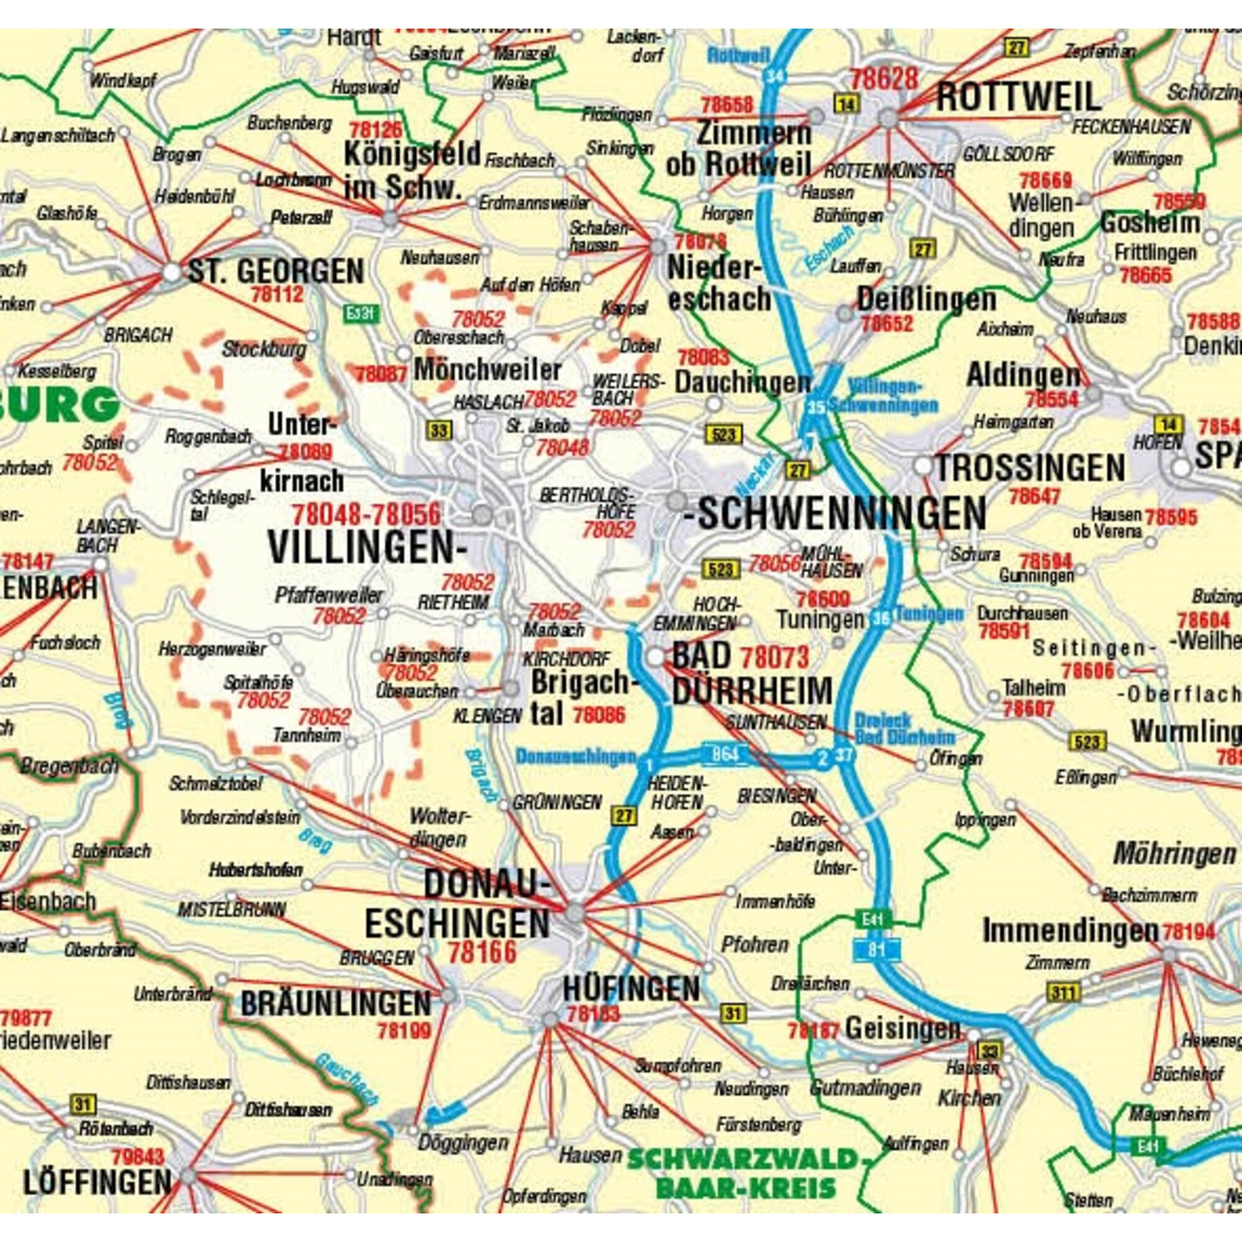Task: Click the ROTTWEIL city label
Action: [x=1018, y=97]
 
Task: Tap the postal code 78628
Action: [x=884, y=79]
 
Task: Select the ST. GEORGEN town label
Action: [x=276, y=271]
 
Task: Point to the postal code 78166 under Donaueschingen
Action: [x=482, y=952]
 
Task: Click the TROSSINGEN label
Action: [x=1030, y=468]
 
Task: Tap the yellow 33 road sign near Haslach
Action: [x=438, y=430]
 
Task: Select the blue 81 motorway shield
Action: [x=876, y=949]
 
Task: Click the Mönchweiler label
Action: [x=487, y=369]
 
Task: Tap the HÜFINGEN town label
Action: [x=632, y=987]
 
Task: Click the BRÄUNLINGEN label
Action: [x=335, y=1004]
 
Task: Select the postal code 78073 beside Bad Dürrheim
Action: [x=774, y=657]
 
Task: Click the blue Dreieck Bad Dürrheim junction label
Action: [x=904, y=729]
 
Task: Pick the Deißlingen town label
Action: [x=927, y=299]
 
